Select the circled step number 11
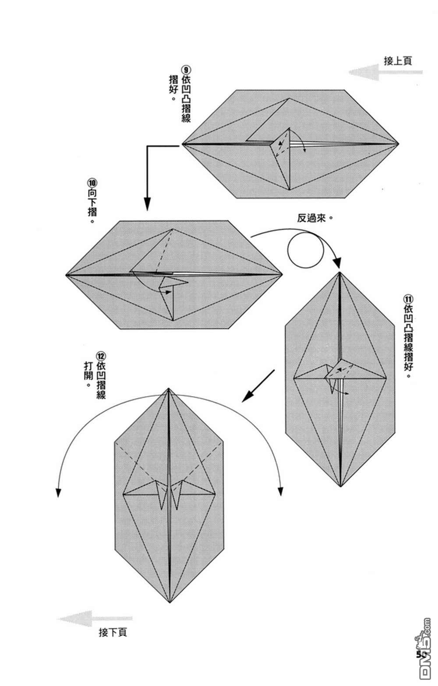(408, 299)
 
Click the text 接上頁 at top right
(398, 61)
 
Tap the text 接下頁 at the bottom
(113, 632)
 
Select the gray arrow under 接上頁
(385, 72)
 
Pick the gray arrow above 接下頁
(94, 619)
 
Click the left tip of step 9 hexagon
(182, 144)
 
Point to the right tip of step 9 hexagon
(399, 144)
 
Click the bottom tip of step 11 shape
(340, 486)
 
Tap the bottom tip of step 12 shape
(170, 603)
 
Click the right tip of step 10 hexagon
(282, 275)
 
